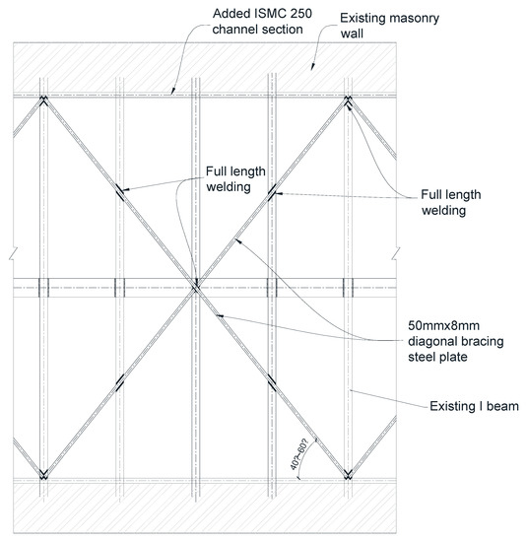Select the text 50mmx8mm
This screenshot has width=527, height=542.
point(441,324)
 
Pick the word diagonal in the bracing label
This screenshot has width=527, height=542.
point(431,341)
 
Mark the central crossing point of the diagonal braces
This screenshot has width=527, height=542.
point(195,287)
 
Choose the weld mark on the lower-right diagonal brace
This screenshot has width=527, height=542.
point(272,382)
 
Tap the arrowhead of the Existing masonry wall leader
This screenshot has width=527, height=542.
point(310,69)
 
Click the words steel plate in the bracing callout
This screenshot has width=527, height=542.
point(434,358)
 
